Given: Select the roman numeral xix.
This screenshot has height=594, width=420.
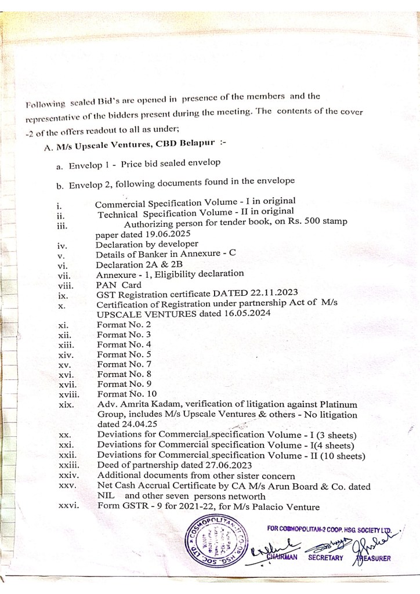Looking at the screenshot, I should coord(66,404).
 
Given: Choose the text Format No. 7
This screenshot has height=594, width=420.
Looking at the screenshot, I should coord(121,364).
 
